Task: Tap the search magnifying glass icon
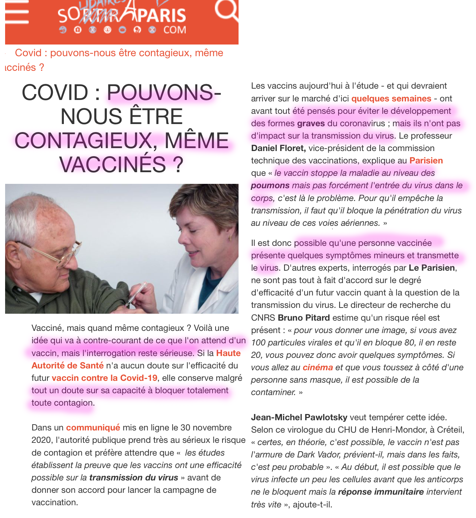click(227, 10)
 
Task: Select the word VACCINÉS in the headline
click(113, 164)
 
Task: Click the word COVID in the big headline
click(55, 92)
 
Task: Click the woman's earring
click(230, 237)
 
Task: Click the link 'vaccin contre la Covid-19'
click(104, 378)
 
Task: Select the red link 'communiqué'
click(93, 427)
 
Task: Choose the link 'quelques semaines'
click(391, 98)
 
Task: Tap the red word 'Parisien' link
click(426, 161)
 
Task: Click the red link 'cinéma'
click(317, 367)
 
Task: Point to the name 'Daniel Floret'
click(278, 148)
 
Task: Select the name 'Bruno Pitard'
click(304, 318)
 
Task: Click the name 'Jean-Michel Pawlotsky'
click(299, 417)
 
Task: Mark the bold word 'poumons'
click(270, 185)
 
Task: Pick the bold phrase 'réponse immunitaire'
click(381, 492)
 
